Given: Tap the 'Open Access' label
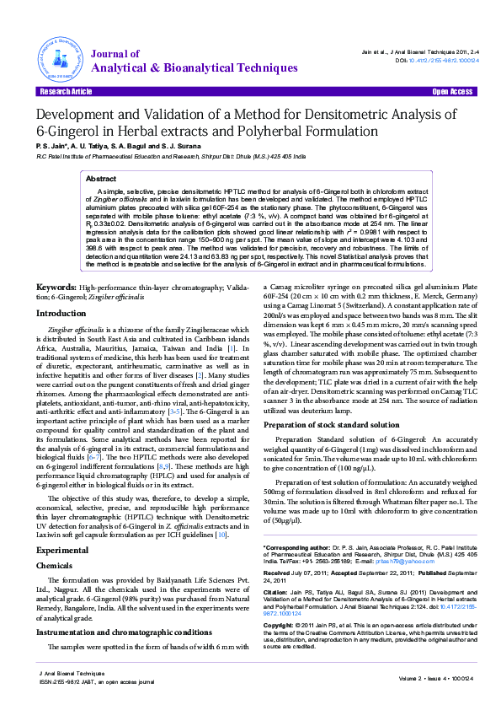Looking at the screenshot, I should coord(451,91).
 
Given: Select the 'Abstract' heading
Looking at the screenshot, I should coord(101,180).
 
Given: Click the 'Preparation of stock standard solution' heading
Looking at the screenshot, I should coord(331,425).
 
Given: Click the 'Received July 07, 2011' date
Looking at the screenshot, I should coord(302,574).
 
